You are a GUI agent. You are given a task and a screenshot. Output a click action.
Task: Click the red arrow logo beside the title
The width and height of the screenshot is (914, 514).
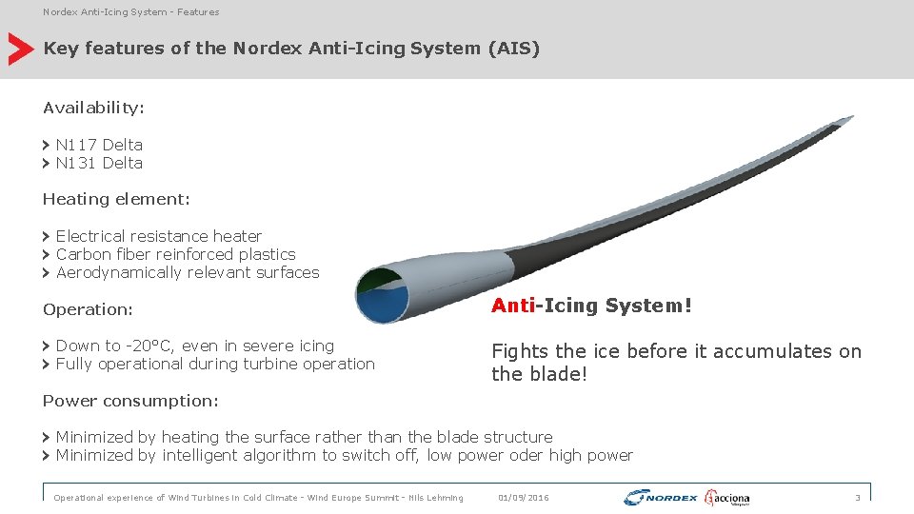click(20, 49)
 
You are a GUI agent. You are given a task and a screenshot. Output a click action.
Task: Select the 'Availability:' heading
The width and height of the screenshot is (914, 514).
click(93, 108)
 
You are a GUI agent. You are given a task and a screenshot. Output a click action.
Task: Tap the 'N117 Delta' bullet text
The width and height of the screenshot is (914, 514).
click(99, 145)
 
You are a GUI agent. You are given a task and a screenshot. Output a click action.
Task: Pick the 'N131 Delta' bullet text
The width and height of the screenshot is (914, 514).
click(99, 163)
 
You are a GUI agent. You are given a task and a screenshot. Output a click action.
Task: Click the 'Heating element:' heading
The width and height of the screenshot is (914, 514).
click(116, 199)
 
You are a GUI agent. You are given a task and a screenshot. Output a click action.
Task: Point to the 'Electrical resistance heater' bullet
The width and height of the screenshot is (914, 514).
click(158, 236)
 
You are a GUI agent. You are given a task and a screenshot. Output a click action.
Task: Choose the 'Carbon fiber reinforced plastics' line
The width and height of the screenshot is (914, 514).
click(175, 254)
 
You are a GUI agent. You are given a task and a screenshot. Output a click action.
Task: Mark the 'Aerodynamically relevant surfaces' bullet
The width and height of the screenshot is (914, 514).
click(188, 272)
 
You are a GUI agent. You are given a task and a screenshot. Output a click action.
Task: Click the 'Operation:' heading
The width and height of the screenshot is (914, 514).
click(88, 309)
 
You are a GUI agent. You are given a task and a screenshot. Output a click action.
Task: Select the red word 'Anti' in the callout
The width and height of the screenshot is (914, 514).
click(513, 306)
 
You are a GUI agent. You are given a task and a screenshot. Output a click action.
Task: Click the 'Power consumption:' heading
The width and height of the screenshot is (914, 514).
click(130, 401)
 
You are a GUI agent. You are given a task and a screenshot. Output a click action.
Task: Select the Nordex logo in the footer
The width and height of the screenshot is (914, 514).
click(661, 498)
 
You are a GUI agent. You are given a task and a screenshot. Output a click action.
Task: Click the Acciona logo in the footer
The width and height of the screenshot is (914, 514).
click(727, 498)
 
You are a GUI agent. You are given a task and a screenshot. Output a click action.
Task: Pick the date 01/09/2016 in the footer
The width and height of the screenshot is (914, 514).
click(524, 498)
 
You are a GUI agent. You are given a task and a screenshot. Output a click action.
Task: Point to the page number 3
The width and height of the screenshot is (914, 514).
click(857, 498)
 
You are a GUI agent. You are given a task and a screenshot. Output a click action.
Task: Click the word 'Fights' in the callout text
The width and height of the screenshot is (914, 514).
click(518, 351)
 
